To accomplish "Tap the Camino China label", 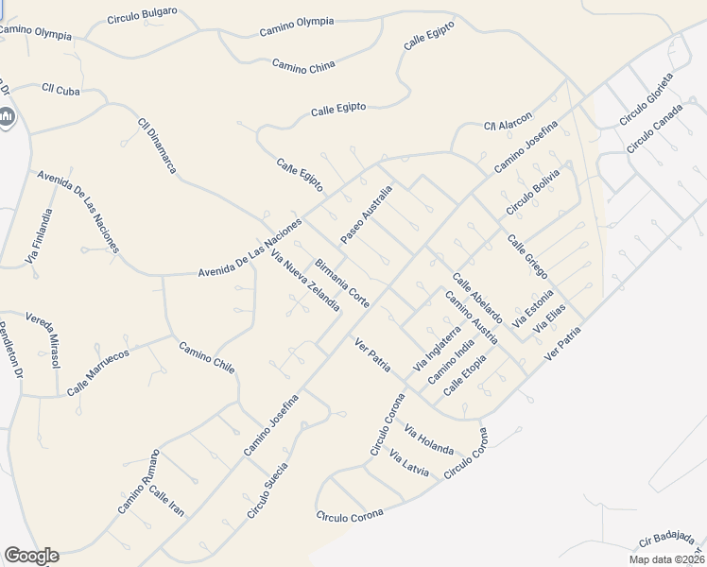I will (303, 65).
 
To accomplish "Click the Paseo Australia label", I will (366, 214).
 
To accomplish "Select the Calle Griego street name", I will (527, 255).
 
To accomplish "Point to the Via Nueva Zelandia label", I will (304, 282).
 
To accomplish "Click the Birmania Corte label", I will (342, 282).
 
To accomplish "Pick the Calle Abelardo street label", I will (477, 299).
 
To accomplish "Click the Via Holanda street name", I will (428, 440).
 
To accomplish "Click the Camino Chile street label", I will (206, 357).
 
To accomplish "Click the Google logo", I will (30, 556).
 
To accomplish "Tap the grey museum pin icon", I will (7, 117).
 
